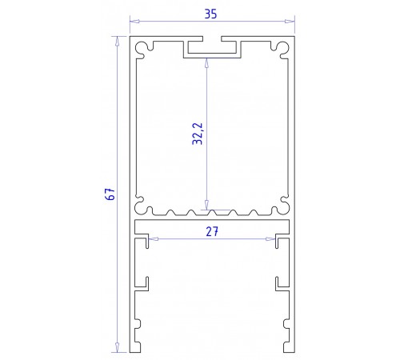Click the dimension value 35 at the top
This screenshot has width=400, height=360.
coord(210,13)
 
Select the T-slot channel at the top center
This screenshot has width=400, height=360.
coord(212,50)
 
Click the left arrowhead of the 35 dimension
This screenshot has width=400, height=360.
coord(134,22)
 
